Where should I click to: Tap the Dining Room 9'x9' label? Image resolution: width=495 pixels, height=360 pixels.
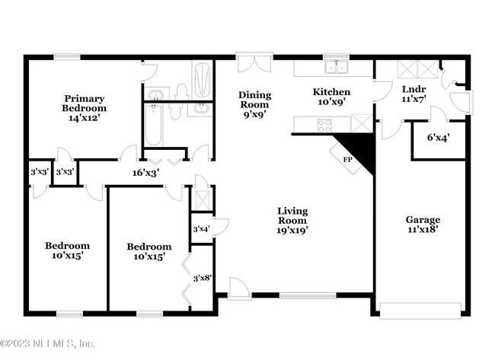click(255, 104)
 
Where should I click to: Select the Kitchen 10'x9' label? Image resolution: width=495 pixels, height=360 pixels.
click(331, 97)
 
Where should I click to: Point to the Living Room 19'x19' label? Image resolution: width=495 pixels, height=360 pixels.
click(292, 221)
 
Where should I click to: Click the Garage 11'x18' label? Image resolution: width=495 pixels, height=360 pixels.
click(423, 224)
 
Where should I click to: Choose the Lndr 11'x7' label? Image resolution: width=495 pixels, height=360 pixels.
click(414, 94)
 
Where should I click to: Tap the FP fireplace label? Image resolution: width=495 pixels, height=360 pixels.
click(347, 160)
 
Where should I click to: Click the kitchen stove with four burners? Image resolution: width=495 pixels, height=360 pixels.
click(324, 126)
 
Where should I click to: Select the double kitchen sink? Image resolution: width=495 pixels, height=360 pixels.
click(337, 67)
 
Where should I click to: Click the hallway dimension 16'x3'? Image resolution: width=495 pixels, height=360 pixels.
click(145, 173)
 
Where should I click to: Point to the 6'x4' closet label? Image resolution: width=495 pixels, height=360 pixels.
click(438, 138)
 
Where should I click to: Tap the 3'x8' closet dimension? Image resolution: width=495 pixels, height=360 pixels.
click(203, 279)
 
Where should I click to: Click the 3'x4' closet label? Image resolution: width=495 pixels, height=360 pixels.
click(201, 229)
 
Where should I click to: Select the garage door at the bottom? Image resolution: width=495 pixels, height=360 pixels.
click(420, 311)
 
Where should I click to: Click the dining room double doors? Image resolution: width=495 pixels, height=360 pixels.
click(254, 62)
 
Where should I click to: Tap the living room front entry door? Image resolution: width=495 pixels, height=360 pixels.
click(239, 288)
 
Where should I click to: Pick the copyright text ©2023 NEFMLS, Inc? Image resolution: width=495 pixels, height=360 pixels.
click(47, 343)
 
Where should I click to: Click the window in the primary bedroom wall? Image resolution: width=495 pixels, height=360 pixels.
click(67, 57)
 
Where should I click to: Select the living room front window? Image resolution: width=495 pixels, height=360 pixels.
click(308, 295)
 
